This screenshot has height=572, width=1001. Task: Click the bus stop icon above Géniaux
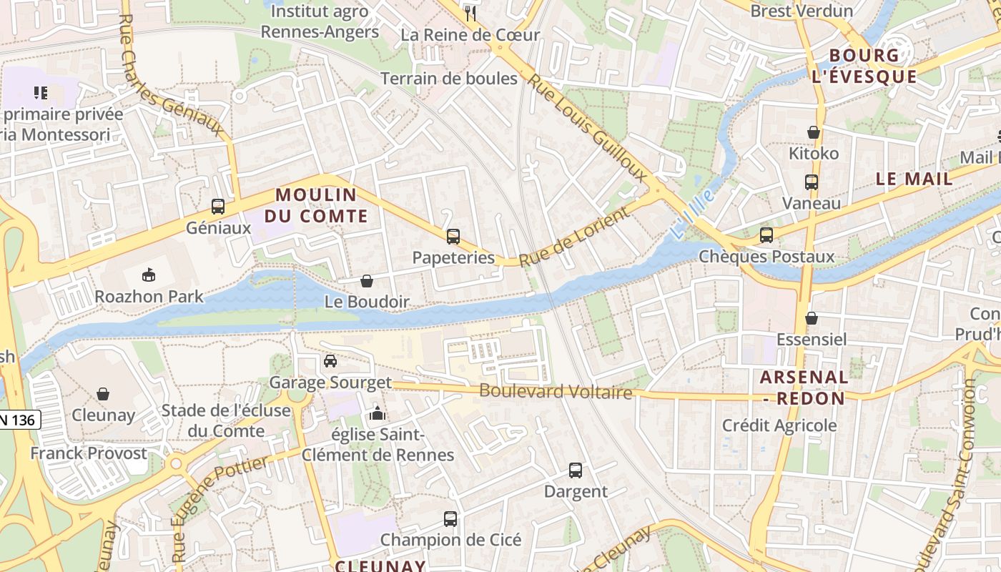point(218,207)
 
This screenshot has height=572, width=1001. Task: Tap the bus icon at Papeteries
point(453,237)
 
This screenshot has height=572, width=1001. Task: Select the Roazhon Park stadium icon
point(149,275)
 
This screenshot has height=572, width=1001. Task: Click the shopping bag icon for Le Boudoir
point(367,281)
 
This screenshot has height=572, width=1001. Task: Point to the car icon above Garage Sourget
point(330,361)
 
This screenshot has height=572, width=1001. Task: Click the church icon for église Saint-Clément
point(377,413)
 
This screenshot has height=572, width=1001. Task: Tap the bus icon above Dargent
point(576,470)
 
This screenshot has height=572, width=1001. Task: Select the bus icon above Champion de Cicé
point(450,519)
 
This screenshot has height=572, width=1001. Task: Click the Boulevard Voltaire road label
point(556,392)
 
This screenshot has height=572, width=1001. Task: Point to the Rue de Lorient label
point(575,237)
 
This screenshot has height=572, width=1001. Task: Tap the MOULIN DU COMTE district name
point(316,205)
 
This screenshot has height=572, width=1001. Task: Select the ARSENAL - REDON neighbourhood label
point(804,388)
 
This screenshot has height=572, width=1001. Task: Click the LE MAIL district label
point(914,179)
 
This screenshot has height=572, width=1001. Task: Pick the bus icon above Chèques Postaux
point(766,235)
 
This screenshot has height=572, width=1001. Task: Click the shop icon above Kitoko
point(814,132)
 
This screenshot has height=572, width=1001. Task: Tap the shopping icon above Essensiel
point(812,318)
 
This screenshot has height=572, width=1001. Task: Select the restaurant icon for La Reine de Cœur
point(470,13)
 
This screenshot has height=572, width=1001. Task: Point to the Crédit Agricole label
point(779,425)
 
